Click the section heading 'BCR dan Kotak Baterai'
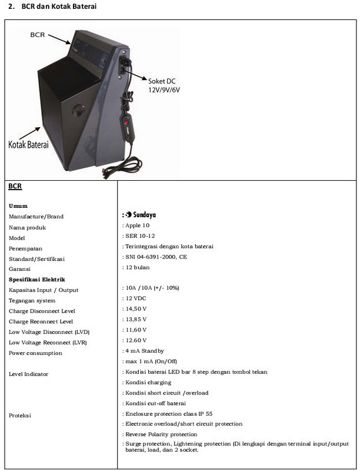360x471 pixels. coord(59,6)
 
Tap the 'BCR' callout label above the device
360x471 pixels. coord(38,35)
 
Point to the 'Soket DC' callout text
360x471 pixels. coord(162,81)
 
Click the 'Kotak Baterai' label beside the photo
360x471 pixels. coord(28,144)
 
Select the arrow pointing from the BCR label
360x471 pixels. coord(59,39)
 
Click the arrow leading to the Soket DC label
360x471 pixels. coord(135,75)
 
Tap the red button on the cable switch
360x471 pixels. coord(126,122)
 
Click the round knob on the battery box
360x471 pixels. coord(79,111)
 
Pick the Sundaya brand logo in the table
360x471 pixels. coord(141,214)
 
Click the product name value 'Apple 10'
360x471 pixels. coord(138,225)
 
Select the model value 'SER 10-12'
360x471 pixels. coord(140,236)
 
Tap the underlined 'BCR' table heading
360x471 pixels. coord(15,186)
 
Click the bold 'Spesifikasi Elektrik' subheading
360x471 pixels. coord(37,279)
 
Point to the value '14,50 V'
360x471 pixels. coord(136,309)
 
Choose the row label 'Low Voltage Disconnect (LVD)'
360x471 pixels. coord(49,332)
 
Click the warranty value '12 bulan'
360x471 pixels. coord(138,267)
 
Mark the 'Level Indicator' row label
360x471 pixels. coord(28,374)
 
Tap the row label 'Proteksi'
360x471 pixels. coord(20,416)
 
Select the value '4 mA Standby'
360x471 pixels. coord(145,351)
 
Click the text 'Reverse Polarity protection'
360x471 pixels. coord(161,434)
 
